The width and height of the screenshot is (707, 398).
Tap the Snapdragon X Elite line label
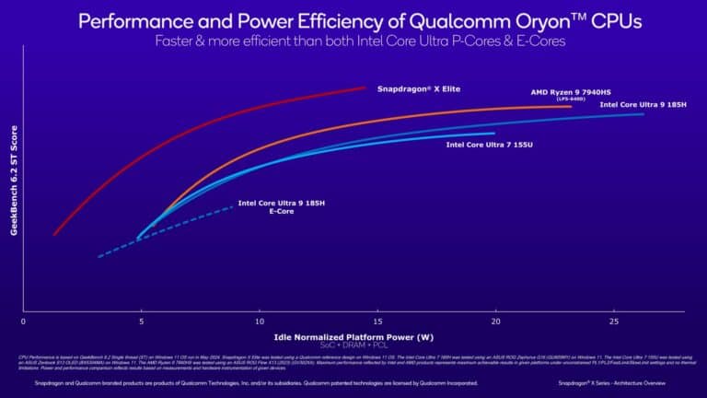point(419,88)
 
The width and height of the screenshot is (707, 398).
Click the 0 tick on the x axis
point(23,322)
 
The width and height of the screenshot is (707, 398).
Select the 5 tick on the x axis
point(141,322)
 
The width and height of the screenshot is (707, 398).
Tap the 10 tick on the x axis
point(259,322)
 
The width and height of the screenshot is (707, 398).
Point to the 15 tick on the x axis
point(377,322)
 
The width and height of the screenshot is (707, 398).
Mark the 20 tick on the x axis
point(495,322)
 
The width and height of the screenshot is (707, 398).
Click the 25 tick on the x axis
point(614,322)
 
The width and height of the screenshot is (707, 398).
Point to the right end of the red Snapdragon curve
point(366,88)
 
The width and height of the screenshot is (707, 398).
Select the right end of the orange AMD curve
point(572,107)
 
